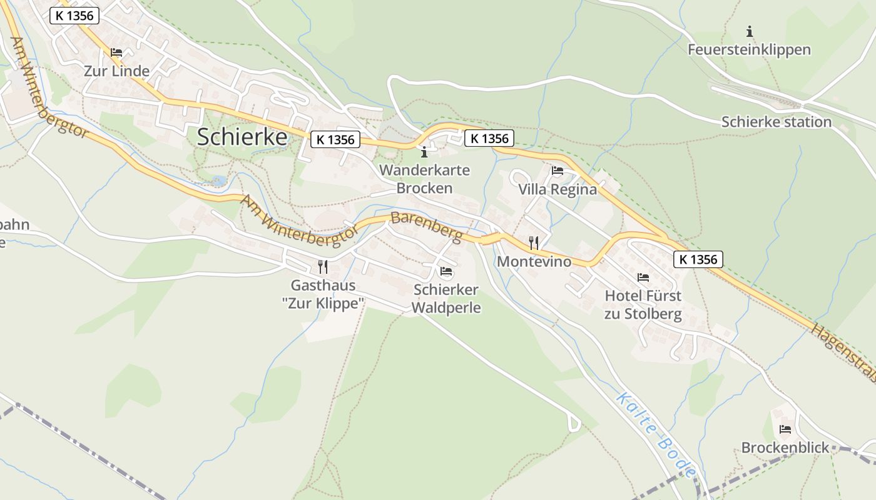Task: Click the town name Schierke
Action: (x=242, y=137)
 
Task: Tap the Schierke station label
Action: (x=776, y=121)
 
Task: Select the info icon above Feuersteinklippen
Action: (x=750, y=31)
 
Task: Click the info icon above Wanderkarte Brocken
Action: (x=424, y=152)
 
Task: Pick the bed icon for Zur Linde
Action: (x=116, y=52)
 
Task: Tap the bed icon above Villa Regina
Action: (x=558, y=171)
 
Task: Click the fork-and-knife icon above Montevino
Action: (x=534, y=242)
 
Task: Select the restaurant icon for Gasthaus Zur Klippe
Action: (x=323, y=267)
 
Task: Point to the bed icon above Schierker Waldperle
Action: (x=446, y=271)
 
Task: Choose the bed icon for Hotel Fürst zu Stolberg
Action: (x=643, y=277)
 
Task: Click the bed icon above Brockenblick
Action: (x=785, y=429)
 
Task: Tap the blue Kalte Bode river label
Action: (x=656, y=435)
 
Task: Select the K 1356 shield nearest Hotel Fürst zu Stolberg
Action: (x=698, y=259)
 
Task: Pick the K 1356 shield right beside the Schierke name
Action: (x=335, y=139)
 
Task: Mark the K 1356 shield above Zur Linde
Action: (x=74, y=16)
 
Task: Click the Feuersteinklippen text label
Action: (x=749, y=49)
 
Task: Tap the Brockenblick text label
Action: (x=785, y=447)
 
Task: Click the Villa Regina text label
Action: (x=558, y=189)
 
